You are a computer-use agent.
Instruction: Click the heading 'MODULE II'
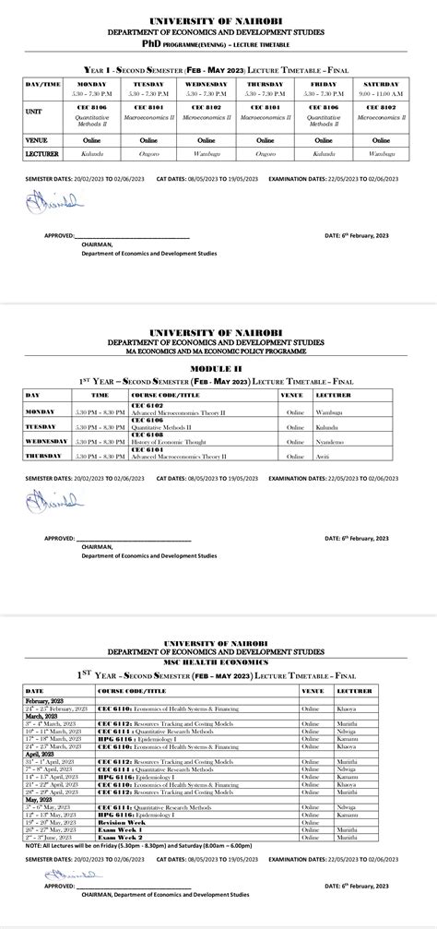[x=218, y=367]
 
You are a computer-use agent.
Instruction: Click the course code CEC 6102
[x=148, y=405]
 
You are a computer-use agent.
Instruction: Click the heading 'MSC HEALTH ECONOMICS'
[x=218, y=662]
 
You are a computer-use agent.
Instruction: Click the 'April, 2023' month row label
[x=42, y=755]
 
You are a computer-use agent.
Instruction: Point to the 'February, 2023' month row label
[x=48, y=702]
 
